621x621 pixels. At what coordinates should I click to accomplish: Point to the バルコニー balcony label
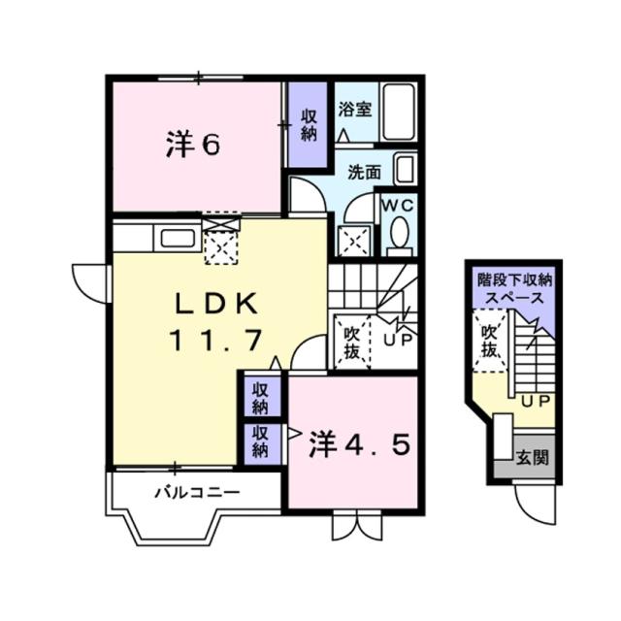(197, 492)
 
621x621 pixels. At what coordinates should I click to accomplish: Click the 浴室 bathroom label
(354, 109)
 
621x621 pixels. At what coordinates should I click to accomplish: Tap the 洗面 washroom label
(364, 173)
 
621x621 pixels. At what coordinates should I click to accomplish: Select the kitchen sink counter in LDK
(175, 238)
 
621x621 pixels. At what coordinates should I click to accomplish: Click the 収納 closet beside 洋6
(310, 125)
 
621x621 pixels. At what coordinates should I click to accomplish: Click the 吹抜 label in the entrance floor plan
(490, 342)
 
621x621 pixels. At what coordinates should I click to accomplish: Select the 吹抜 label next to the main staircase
(351, 343)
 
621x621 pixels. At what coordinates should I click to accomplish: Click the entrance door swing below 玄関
(535, 501)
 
